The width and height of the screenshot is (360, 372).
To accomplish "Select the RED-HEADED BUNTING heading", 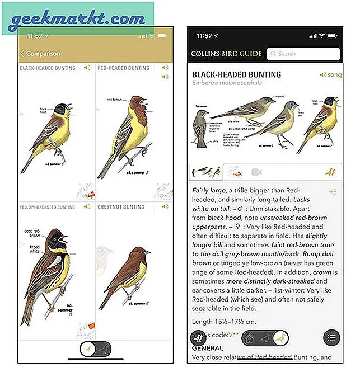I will (x=124, y=68).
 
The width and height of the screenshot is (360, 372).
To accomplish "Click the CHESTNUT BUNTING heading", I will (x=121, y=207).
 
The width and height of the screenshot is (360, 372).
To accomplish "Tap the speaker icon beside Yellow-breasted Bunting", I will (x=87, y=206).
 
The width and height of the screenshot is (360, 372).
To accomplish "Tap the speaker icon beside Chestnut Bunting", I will (x=164, y=206).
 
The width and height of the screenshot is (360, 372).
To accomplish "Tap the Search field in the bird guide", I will (x=303, y=54).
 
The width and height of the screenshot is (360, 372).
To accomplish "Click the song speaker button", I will (x=330, y=74).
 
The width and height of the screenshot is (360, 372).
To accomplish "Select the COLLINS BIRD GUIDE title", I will (x=226, y=54).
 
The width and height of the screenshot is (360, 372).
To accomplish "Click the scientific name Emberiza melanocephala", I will (x=227, y=83).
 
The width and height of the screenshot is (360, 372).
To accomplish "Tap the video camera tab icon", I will (x=257, y=172).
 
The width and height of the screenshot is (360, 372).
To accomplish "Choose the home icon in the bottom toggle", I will (x=249, y=338).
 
